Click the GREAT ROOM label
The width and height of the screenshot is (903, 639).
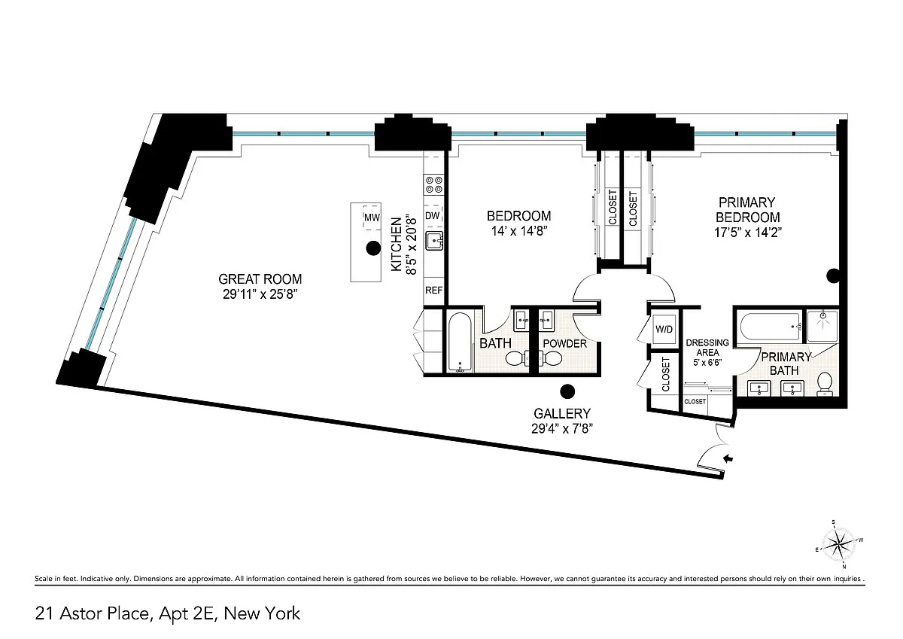(260, 279)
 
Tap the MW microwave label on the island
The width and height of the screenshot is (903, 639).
(372, 218)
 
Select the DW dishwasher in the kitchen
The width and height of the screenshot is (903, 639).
(433, 216)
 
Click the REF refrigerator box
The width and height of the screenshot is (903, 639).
(433, 291)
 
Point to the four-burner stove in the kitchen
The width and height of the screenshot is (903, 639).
(433, 184)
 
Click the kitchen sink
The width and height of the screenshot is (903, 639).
(434, 241)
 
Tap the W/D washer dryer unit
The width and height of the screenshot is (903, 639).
(664, 329)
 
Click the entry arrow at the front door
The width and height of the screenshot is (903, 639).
(728, 458)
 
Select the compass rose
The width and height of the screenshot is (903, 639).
(838, 545)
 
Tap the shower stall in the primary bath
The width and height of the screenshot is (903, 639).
(822, 326)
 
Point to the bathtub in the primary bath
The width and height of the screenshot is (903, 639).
(770, 327)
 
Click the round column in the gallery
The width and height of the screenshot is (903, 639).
(567, 391)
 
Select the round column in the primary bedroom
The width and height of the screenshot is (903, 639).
(833, 276)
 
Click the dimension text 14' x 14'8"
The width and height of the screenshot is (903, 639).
(518, 231)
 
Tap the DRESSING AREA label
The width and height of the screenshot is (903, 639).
(707, 348)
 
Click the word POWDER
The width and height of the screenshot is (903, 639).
(565, 343)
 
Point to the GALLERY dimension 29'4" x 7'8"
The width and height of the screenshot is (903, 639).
(562, 428)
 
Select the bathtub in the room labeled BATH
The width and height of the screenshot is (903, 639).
(460, 342)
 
